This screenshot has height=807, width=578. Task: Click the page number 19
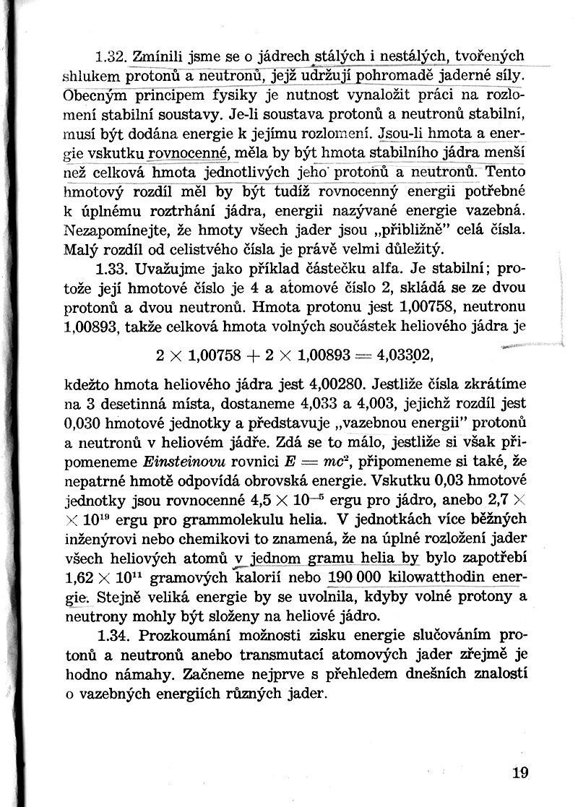point(520,772)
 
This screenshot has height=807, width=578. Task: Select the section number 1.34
point(111,635)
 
